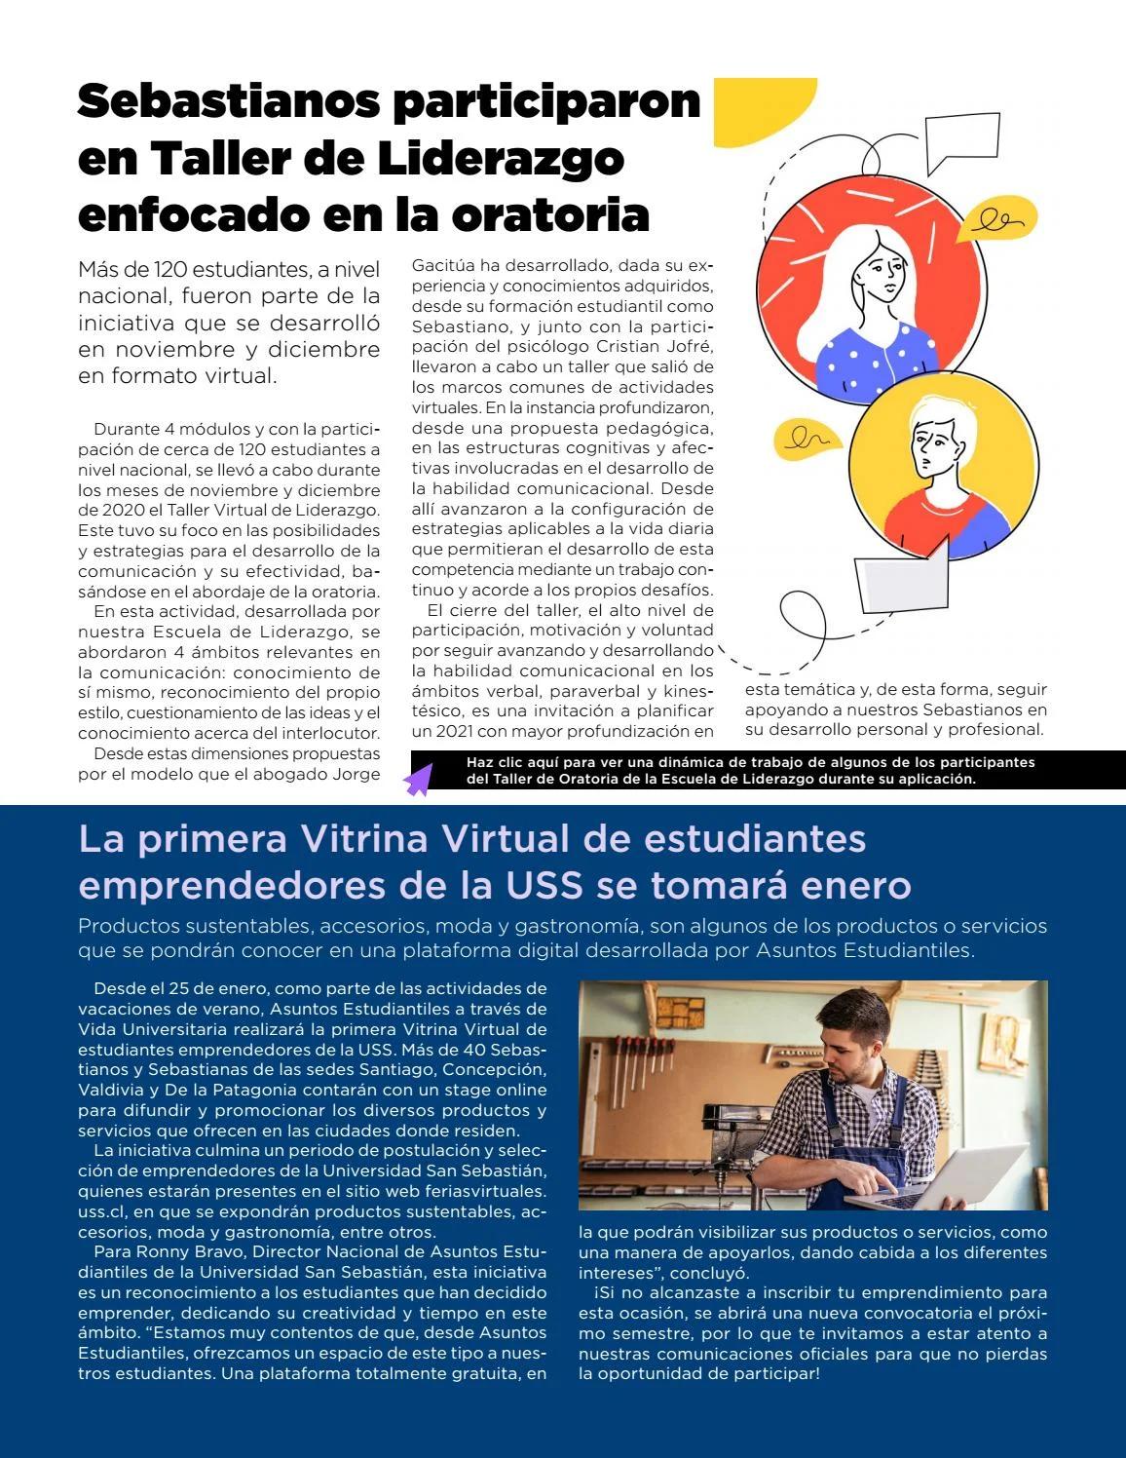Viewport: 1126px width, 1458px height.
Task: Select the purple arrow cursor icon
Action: tap(418, 780)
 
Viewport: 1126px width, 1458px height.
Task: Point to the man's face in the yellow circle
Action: tap(936, 447)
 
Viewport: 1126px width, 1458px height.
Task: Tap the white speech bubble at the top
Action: tap(962, 140)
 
